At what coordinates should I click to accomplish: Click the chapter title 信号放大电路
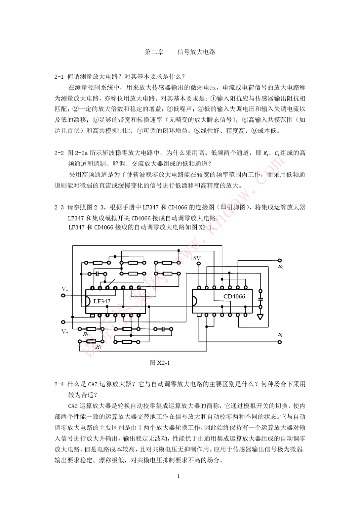coord(196,52)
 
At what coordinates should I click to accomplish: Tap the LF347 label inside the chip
coord(102,301)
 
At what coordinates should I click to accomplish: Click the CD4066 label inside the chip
coord(234,297)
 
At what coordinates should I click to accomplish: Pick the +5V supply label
coord(195,258)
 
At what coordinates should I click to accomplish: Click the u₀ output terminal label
coord(280,267)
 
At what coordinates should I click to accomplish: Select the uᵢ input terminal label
coord(280,335)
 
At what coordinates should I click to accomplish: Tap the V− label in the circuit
coord(65,289)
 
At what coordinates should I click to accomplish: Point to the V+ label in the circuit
coord(65,332)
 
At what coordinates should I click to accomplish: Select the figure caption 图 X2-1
coord(160,362)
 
